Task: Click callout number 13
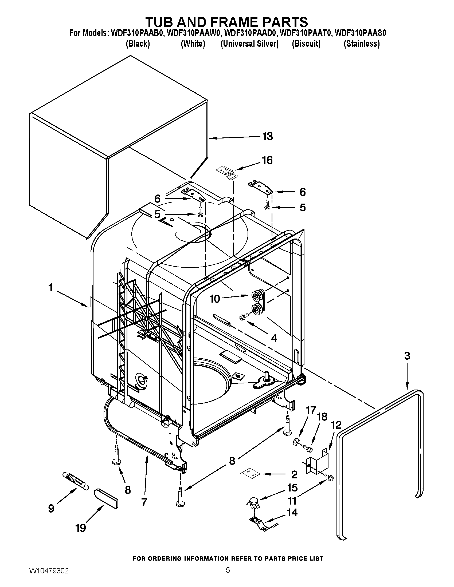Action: (x=267, y=137)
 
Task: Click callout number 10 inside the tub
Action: (x=215, y=299)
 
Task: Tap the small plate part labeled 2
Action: (x=250, y=473)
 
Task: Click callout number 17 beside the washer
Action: (x=311, y=410)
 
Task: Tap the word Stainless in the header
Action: (x=362, y=44)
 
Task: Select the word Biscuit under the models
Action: (x=306, y=44)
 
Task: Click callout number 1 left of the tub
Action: (x=50, y=288)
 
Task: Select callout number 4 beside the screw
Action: (x=274, y=338)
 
